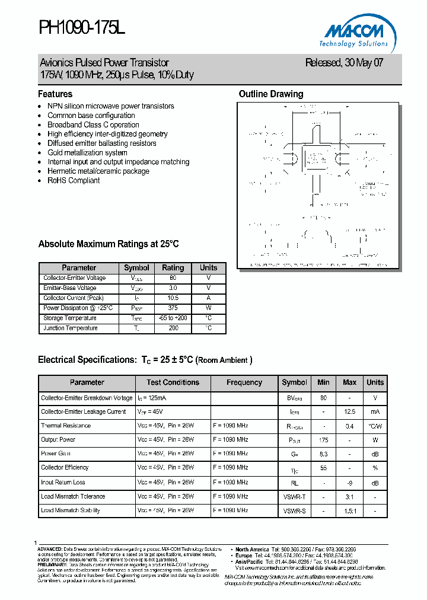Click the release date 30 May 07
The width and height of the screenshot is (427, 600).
344,63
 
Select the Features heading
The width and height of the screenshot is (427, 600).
55,94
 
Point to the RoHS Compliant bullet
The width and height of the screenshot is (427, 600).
74,181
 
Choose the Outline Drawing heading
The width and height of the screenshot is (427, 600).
270,94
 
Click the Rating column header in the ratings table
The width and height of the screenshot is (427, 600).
173,268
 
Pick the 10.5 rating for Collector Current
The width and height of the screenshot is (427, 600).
173,298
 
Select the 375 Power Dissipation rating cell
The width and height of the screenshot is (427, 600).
173,308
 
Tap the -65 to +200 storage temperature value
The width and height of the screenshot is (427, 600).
173,318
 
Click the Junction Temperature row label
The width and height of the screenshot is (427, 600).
71,328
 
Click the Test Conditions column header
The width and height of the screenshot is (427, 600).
173,382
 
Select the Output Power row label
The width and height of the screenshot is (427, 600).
58,440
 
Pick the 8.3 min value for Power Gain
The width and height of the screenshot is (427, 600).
323,454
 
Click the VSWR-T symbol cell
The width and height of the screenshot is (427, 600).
294,497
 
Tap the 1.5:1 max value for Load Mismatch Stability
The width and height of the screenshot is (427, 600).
349,511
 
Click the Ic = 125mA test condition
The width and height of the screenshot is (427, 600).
152,398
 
